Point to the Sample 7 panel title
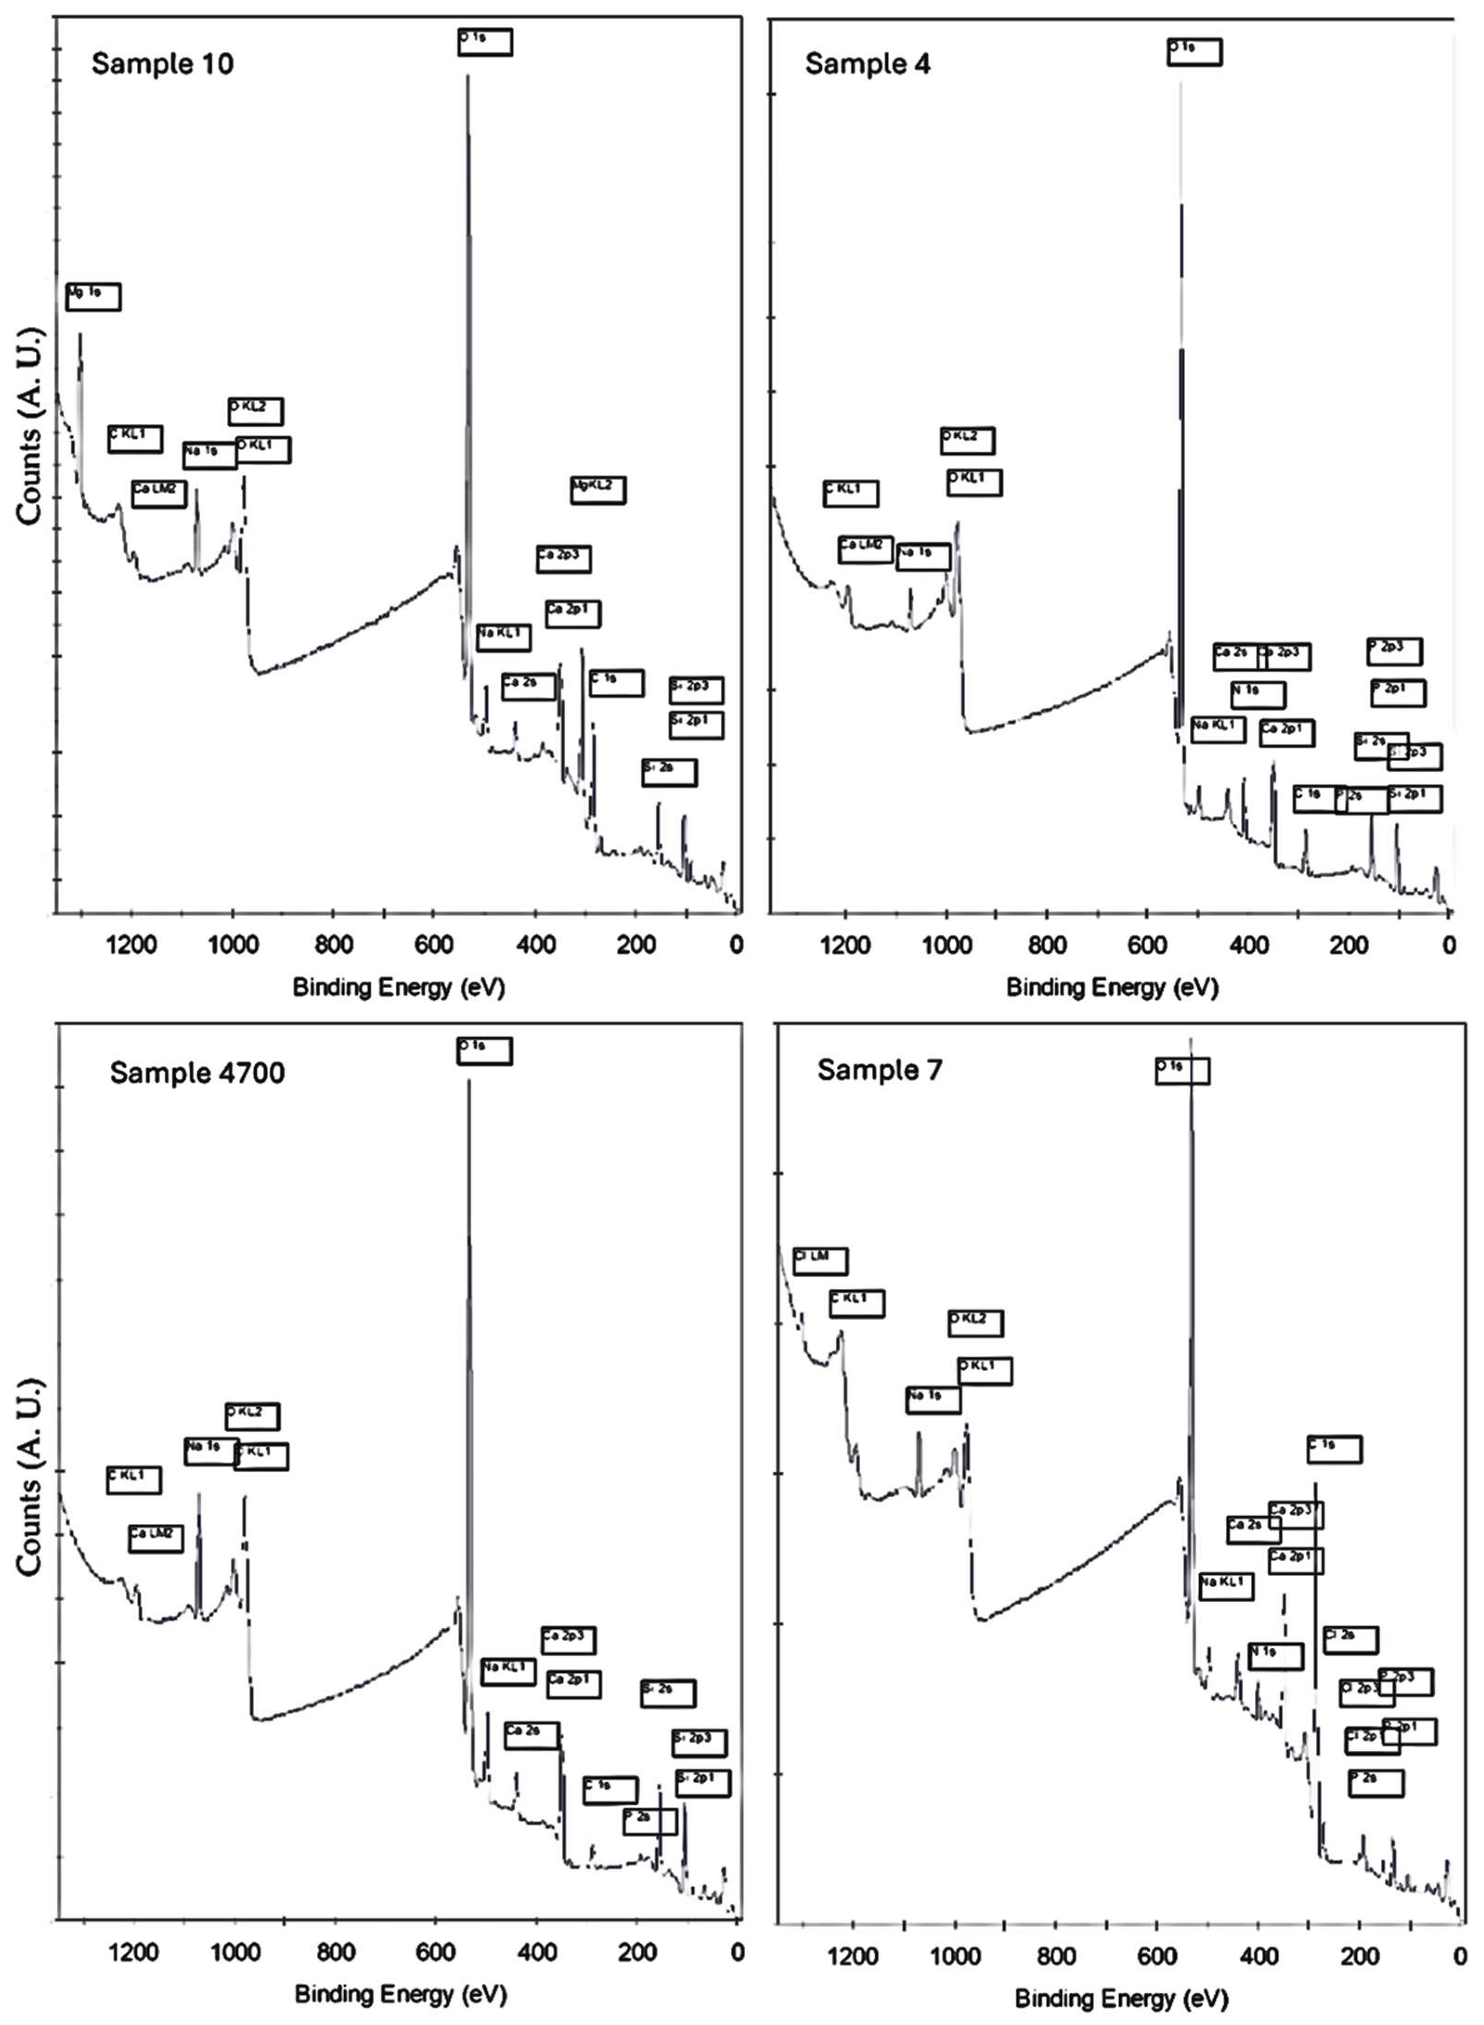click(879, 1070)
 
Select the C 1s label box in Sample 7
click(1334, 1449)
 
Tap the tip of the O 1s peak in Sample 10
click(467, 77)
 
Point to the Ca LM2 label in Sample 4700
click(155, 1538)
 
